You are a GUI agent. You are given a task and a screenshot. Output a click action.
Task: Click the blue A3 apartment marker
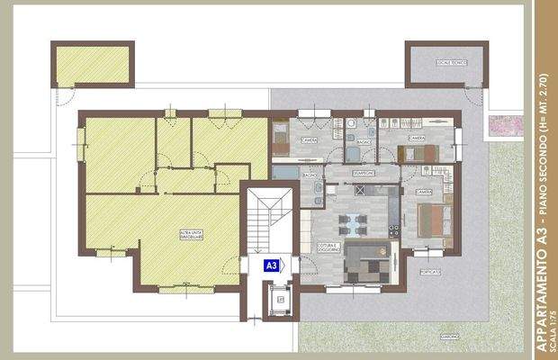point(274,265)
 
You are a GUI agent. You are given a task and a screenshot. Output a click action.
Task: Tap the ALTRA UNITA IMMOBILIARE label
point(192,235)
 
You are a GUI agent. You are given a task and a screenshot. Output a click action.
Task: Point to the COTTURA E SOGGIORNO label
point(328,247)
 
